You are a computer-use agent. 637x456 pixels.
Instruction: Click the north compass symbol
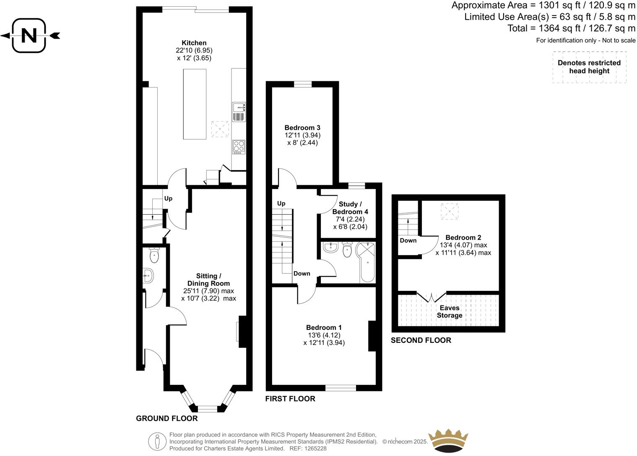(x=29, y=36)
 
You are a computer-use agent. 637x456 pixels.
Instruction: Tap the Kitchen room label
(x=194, y=43)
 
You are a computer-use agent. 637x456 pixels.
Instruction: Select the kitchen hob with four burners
(x=239, y=146)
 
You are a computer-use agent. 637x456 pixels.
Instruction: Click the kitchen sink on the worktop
(x=239, y=108)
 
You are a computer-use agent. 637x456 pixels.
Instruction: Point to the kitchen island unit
(x=195, y=104)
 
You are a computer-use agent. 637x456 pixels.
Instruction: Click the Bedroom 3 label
(x=302, y=128)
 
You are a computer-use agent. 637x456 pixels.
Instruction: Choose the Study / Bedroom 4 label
(x=350, y=208)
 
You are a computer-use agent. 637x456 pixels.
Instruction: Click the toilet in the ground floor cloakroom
(x=154, y=255)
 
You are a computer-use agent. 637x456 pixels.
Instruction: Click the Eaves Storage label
(x=450, y=311)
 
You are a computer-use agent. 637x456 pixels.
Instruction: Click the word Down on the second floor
(x=408, y=241)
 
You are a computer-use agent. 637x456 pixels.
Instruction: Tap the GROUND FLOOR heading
(x=166, y=418)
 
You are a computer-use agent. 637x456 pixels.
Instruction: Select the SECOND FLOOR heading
(x=421, y=340)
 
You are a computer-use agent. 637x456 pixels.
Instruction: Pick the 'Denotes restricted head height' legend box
(x=589, y=67)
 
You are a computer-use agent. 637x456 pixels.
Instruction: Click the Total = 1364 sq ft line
(x=571, y=28)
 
